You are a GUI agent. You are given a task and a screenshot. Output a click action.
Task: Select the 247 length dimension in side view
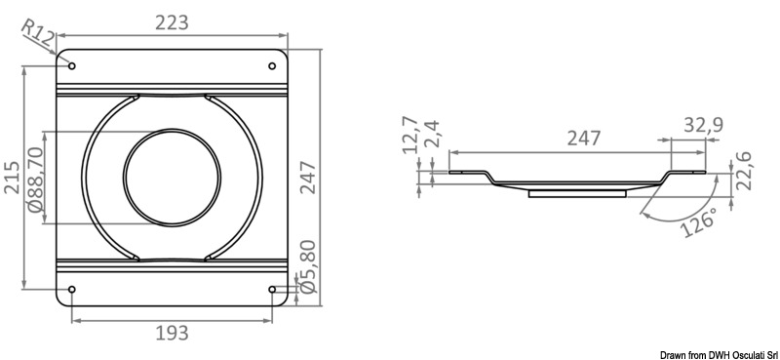pos(582,139)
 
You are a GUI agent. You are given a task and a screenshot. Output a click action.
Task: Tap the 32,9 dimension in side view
pos(701,125)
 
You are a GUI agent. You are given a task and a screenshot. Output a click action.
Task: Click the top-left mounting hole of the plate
pos(71,66)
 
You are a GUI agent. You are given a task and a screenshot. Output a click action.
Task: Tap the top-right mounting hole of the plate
pos(271,66)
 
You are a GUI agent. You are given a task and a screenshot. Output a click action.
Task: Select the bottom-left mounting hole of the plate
pos(71,289)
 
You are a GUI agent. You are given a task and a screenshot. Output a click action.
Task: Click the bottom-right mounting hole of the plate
pos(271,289)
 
